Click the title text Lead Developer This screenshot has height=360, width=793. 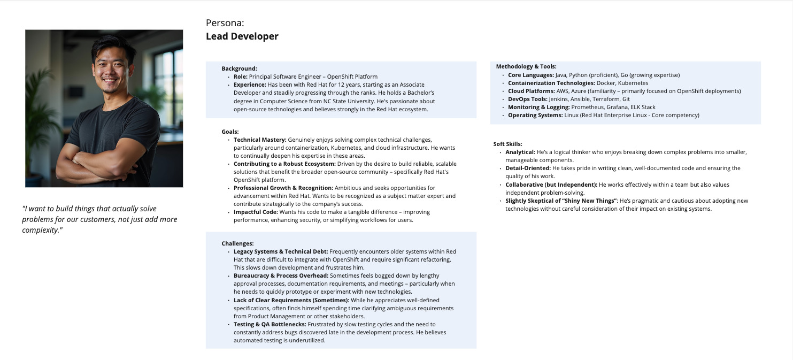242,36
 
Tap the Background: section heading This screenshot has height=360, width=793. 239,68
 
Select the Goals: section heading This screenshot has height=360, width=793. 230,132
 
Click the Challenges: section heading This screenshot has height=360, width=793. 237,243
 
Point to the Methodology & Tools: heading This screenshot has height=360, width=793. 526,66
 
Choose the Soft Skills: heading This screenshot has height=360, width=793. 507,144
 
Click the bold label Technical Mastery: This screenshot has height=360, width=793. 260,140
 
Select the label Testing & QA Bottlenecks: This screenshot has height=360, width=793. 270,324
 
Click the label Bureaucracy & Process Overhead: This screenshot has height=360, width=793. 281,275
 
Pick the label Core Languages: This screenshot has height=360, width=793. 531,75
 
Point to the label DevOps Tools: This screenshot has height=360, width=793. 527,99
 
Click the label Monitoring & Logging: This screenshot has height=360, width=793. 538,107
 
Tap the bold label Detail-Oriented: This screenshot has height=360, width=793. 528,168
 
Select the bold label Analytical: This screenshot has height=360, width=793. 520,152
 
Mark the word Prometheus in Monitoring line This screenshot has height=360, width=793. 588,107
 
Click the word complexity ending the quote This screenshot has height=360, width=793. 41,230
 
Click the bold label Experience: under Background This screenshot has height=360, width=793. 250,85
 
